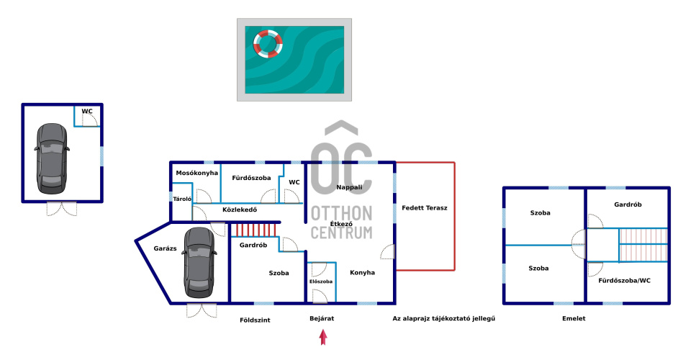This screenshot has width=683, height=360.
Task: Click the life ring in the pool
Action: (x=268, y=43)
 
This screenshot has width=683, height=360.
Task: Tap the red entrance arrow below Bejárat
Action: (x=323, y=337)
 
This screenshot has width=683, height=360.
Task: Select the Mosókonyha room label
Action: (x=197, y=174)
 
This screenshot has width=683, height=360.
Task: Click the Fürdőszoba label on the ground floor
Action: (x=251, y=177)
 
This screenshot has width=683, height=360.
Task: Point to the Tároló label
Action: (x=181, y=199)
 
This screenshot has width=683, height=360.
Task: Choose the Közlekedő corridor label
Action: (x=240, y=210)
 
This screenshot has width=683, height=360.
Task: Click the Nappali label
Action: (x=349, y=187)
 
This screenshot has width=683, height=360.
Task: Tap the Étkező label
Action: (x=340, y=224)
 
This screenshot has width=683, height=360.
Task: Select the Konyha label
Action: (x=362, y=273)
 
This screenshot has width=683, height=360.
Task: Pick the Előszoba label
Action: (x=321, y=282)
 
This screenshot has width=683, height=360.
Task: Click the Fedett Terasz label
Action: (x=425, y=208)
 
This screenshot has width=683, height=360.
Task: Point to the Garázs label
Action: (x=165, y=248)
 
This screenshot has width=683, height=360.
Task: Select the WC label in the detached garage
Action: (x=87, y=112)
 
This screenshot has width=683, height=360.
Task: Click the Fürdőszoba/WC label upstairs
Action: (x=625, y=280)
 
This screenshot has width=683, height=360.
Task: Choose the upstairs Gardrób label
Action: (x=628, y=204)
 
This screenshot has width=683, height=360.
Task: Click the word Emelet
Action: (x=574, y=318)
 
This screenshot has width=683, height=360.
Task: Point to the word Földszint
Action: (x=255, y=320)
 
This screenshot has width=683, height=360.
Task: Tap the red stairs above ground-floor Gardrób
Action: (x=254, y=230)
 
